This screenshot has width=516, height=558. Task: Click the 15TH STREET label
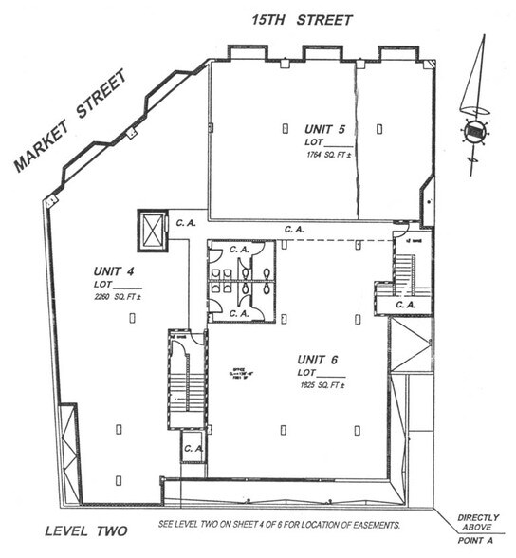299,19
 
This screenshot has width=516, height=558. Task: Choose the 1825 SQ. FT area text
320,388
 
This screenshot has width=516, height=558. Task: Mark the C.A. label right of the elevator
185,224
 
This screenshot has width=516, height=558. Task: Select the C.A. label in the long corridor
294,229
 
